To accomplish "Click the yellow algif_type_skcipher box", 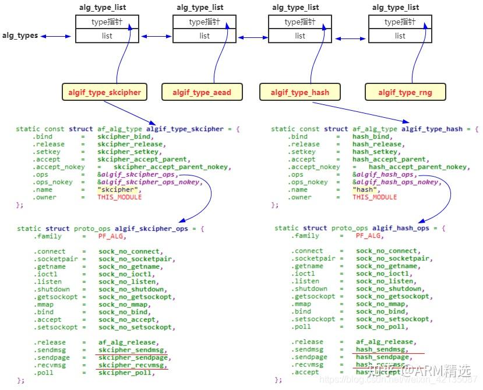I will click(x=104, y=92).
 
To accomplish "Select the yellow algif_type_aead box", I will click(x=202, y=92).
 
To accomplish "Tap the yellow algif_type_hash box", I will click(x=300, y=92).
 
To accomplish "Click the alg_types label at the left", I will click(x=19, y=36).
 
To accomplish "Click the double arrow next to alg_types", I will click(x=56, y=36).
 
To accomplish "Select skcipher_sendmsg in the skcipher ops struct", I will click(x=132, y=350).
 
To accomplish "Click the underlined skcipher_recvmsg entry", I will click(x=132, y=365).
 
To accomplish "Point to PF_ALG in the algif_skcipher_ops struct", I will click(x=112, y=236).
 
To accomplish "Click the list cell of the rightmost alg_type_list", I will click(x=400, y=36).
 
